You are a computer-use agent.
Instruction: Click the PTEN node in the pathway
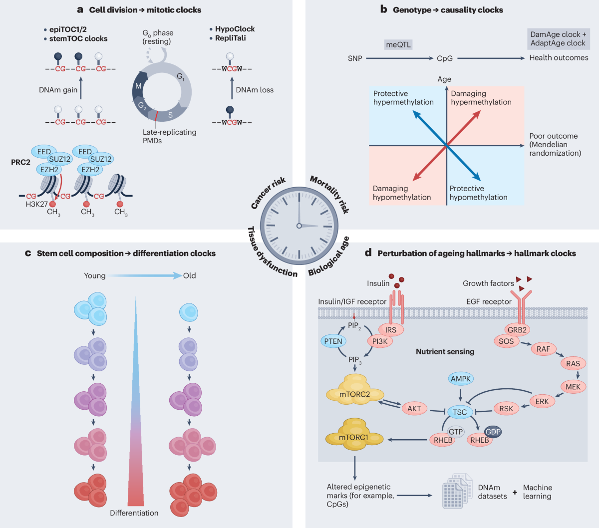[333, 341]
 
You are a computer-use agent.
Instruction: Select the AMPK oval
[460, 379]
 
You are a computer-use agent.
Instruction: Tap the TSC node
[459, 412]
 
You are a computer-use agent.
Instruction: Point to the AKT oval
[414, 408]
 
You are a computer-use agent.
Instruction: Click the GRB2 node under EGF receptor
[517, 330]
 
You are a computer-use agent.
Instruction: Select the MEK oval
[573, 386]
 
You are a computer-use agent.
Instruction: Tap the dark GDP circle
[492, 432]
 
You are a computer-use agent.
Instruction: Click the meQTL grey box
[398, 45]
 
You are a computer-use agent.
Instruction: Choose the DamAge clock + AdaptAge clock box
[558, 39]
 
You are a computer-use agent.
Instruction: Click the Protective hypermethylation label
[403, 98]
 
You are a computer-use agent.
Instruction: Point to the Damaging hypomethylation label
[401, 193]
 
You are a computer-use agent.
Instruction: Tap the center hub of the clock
[299, 226]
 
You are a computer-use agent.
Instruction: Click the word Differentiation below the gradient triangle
[134, 513]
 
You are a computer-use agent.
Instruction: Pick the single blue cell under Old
[189, 312]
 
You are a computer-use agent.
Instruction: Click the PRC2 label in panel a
[20, 162]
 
